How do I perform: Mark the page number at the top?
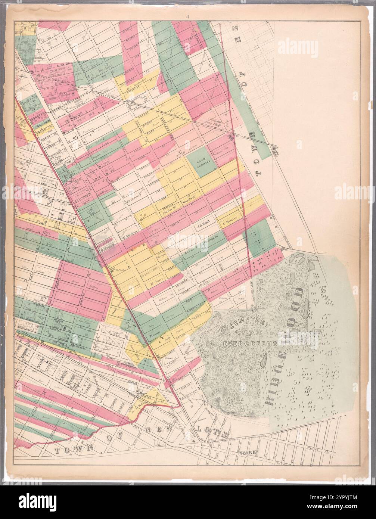pos(189,17)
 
